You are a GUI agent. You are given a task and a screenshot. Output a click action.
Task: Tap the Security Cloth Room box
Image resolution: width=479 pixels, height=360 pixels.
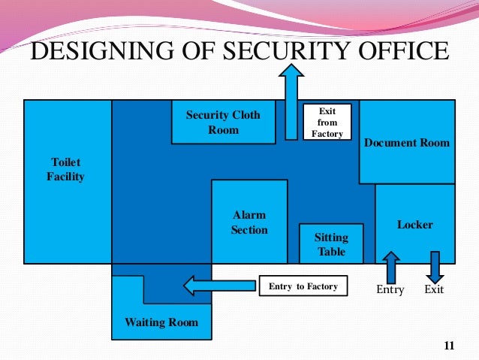(223, 122)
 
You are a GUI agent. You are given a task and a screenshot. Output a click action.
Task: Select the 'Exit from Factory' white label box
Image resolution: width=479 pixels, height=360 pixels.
(327, 123)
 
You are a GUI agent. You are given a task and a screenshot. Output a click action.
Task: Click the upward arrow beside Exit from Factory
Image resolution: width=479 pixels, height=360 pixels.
(291, 101)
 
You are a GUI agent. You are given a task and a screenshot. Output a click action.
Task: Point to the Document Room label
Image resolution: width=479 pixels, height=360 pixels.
(406, 143)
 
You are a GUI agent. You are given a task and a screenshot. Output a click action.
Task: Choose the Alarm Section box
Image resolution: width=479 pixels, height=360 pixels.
(249, 222)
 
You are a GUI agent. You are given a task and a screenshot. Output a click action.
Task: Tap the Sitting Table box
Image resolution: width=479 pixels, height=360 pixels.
(331, 244)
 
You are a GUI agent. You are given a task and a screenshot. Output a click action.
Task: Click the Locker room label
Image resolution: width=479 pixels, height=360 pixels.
(414, 225)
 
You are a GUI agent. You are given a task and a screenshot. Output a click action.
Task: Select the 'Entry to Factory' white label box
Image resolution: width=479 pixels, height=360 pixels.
(303, 286)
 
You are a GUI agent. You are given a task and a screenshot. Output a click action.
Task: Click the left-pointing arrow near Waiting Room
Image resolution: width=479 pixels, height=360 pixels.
(218, 285)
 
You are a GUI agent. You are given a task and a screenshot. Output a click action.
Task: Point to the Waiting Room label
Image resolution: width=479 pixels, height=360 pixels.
(161, 322)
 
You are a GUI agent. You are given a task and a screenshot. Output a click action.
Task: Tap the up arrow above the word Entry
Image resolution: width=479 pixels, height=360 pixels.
(390, 267)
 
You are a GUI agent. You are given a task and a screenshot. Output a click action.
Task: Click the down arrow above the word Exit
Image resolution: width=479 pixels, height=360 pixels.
(434, 267)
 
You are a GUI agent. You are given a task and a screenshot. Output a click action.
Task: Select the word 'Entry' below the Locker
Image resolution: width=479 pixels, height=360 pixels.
(390, 289)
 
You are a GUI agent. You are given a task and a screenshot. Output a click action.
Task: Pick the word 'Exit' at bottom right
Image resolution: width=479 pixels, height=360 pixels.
(434, 289)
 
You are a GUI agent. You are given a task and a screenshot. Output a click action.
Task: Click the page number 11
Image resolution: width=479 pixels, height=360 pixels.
(449, 346)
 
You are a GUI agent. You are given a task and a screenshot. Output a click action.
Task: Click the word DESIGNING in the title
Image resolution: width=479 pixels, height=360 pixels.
(101, 52)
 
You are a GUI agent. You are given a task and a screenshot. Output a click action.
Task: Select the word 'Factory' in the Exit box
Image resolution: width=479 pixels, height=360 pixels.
(327, 134)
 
